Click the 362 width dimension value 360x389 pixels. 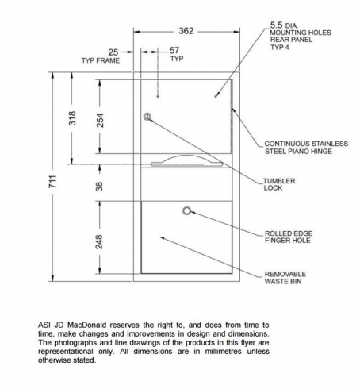tap(186, 31)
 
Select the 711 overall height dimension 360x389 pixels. tap(52, 181)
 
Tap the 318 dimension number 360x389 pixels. tap(72, 118)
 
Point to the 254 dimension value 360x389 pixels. tap(100, 121)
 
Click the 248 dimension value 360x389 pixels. tap(99, 241)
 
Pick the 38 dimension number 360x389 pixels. tap(99, 187)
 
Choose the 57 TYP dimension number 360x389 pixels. tap(174, 50)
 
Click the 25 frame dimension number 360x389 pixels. tap(113, 52)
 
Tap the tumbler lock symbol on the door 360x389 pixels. tap(147, 117)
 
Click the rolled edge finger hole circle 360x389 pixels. tap(187, 211)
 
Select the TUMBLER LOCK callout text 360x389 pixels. tap(279, 184)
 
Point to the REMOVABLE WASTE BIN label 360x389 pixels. tap(285, 278)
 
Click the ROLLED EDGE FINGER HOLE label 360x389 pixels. tap(289, 237)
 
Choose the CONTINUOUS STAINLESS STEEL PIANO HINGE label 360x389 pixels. tap(306, 148)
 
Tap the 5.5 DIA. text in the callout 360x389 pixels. tap(284, 25)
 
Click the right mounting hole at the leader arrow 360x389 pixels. tap(215, 96)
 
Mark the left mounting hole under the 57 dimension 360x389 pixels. tap(158, 96)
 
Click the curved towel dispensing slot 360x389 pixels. tap(186, 161)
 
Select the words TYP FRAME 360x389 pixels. tap(101, 60)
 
